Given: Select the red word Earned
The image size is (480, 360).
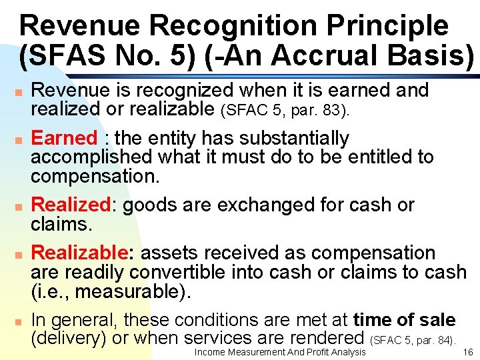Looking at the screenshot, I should [64, 138].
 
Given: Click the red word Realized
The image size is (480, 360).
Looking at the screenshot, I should [70, 205].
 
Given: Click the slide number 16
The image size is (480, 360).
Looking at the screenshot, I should [467, 352].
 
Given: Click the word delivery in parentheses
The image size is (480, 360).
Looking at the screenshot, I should [69, 338].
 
